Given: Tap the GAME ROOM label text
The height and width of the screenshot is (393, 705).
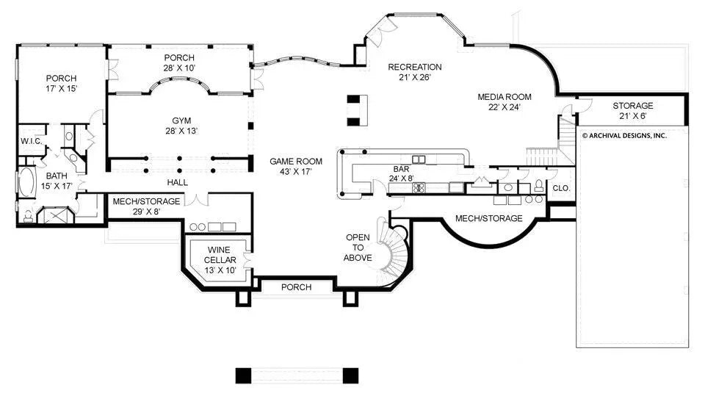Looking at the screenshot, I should click(296, 161).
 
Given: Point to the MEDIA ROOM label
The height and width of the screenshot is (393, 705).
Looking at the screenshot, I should click(504, 97).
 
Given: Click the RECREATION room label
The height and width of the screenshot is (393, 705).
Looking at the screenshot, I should click(415, 67).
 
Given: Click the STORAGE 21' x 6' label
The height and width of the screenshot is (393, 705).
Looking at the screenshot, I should click(632, 106).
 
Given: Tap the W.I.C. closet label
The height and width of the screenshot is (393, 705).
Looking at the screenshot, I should click(31, 141).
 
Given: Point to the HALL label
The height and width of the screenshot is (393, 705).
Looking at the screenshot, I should click(177, 182).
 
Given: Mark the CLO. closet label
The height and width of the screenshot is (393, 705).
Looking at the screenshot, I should click(560, 188).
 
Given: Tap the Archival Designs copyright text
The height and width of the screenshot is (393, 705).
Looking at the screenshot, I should click(624, 135).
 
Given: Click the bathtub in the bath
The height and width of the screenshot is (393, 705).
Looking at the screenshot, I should click(26, 183).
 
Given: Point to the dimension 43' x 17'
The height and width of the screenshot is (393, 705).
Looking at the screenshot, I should click(296, 171).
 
